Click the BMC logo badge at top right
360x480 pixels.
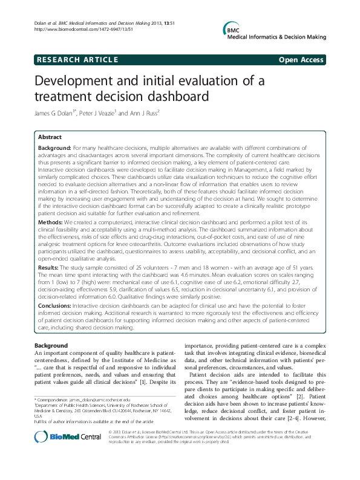coord(233,29)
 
